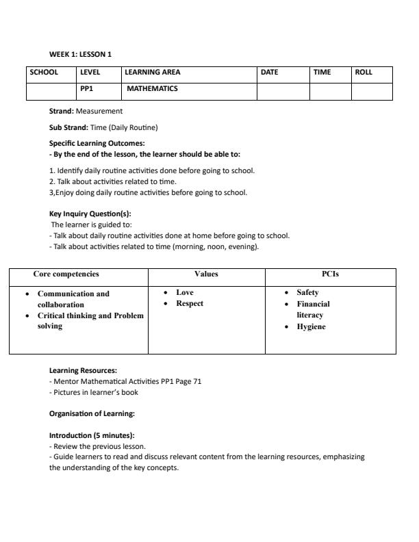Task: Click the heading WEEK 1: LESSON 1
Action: (x=80, y=54)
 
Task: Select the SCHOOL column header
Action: (x=44, y=72)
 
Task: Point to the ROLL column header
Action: (x=364, y=72)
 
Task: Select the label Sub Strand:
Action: (x=68, y=127)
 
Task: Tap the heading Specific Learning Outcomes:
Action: (x=97, y=144)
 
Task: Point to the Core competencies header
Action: (x=66, y=274)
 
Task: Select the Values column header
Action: (x=206, y=274)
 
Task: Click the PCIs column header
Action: (x=331, y=274)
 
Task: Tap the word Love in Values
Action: (x=185, y=293)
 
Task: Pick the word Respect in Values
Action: (x=190, y=304)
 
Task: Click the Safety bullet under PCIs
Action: (x=307, y=293)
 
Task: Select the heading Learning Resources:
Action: (x=83, y=370)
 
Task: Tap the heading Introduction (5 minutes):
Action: (x=92, y=435)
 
